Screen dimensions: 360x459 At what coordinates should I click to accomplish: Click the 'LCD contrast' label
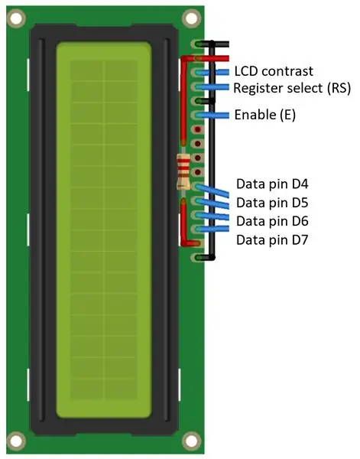point(274,71)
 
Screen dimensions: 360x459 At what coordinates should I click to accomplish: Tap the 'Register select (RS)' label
point(292,88)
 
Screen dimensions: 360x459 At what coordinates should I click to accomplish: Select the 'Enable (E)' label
point(265,115)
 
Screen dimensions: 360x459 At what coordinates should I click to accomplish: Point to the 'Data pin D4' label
point(272,184)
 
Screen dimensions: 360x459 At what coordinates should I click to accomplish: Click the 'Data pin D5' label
point(272,203)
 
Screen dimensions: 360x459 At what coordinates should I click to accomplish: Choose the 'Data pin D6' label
point(272,221)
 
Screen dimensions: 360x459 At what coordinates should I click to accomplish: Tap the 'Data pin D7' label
point(272,239)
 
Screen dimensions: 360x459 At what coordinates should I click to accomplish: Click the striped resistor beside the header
point(183,171)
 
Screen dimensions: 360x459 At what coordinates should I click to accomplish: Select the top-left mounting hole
point(16,18)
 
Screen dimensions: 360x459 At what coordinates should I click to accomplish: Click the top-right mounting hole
point(191,18)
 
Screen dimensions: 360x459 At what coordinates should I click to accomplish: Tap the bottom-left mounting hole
point(16,441)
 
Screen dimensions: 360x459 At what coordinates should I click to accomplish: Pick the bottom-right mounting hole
point(191,441)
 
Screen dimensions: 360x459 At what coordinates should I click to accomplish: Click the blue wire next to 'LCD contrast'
point(212,73)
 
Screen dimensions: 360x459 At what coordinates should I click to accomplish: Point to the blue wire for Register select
point(212,86)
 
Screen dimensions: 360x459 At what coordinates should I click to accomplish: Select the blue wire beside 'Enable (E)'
point(212,116)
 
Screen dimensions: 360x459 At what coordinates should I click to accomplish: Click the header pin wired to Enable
point(197,116)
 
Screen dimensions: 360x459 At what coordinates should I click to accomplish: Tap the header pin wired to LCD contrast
point(197,73)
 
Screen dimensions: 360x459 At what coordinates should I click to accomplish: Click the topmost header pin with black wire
point(197,44)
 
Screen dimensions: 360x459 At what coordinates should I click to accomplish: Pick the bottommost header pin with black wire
point(197,258)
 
